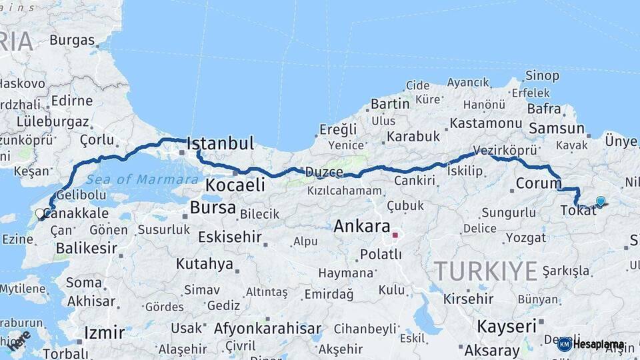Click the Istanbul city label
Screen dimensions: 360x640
pos(221,143)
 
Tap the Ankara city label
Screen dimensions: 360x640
pos(361,226)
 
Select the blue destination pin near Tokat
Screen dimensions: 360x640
pos(601,201)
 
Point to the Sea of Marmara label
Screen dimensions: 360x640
pos(142,179)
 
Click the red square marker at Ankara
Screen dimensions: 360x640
pos(395,235)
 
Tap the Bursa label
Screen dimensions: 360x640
pos(213,208)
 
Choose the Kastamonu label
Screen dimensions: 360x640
pos(485,123)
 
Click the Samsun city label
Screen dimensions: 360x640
pos(556,128)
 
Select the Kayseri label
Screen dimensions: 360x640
pos(507,326)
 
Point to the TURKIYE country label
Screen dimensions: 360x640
pos(485,271)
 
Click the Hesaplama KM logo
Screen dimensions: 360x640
pos(591,344)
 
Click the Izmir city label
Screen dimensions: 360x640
pos(105,333)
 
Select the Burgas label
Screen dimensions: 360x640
pos(72,40)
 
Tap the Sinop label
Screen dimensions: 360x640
pos(542,75)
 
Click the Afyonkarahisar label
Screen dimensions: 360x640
pos(267,329)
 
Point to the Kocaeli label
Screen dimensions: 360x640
pos(235,185)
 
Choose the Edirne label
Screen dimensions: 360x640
pos(72,101)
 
